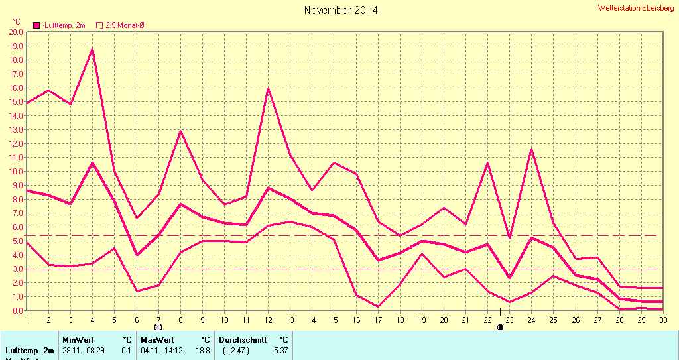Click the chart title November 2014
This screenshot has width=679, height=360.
[x=341, y=10]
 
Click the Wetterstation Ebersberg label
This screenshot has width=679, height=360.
[x=635, y=8]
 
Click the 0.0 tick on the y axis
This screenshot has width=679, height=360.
[x=17, y=310]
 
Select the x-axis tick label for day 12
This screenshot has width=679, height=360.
[x=268, y=319]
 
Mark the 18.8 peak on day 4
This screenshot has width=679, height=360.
[x=92, y=49]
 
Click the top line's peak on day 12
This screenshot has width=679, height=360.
[x=268, y=88]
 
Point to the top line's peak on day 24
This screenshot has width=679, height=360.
[x=531, y=149]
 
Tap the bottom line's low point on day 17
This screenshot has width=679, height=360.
[x=377, y=306]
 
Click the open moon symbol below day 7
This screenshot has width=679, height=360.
[x=158, y=327]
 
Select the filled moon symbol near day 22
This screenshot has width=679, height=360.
[x=500, y=327]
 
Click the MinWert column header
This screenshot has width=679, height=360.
[x=78, y=339]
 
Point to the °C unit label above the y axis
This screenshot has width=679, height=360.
[x=17, y=22]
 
